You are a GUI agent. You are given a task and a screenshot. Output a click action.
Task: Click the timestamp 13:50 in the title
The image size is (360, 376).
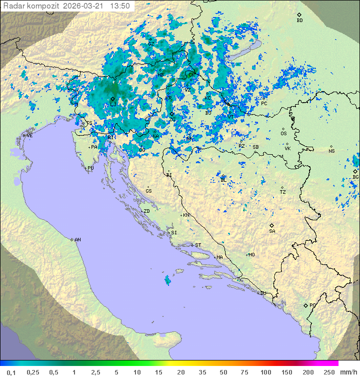pos(120,6)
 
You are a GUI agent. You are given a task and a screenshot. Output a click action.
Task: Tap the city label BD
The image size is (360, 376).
pos(299,21)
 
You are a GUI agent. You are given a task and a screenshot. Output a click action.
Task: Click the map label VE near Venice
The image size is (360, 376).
pos(29,136)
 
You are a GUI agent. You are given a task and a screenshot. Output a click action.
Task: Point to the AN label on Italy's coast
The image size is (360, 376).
pos(77,240)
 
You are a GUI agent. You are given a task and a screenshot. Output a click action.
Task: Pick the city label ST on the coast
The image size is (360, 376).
pos(198,245)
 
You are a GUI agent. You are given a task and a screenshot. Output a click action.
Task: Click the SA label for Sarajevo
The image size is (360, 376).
pos(272,231)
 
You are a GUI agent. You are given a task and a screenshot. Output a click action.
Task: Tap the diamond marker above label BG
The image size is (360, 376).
pos(355,171)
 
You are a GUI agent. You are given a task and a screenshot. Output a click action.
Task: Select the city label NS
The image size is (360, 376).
pos(331,151)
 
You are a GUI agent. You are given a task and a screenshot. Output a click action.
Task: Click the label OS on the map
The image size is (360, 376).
pos(283,134)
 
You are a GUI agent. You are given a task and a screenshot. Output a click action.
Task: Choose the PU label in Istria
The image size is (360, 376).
pos(90,168)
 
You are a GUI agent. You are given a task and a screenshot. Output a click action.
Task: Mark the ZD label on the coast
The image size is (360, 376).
pos(146,211)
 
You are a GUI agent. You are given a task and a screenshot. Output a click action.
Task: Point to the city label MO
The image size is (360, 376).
pos(251,255)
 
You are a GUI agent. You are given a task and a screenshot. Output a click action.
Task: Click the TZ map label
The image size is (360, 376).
pos(282,192)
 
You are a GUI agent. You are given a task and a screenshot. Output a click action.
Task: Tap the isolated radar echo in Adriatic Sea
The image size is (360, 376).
pos(167,281)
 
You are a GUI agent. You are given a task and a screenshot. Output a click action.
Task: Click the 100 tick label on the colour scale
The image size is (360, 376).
pos(265,372)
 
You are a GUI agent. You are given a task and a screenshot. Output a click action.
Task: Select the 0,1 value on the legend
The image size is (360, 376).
pos(11,372)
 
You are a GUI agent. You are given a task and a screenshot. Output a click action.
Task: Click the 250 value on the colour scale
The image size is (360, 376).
pos(329,372)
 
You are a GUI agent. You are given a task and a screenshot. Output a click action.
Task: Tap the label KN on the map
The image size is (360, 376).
pos(186,215)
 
